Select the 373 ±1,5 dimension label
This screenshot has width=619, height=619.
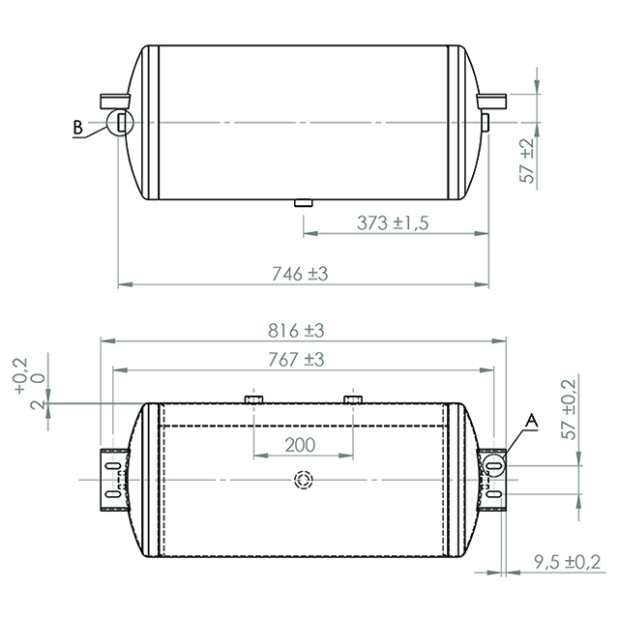(x=392, y=222)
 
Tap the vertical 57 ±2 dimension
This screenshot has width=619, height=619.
(x=527, y=161)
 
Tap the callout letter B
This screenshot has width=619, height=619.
(x=78, y=126)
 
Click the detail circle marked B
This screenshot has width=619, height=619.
(x=118, y=122)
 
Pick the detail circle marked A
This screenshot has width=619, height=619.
(x=496, y=464)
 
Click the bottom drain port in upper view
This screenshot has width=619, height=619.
(x=302, y=203)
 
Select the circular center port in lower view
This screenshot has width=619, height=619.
(x=303, y=480)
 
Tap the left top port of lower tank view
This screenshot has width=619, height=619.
(x=253, y=398)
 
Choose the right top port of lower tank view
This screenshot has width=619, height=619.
(x=353, y=398)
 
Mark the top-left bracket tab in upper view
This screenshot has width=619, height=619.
(x=111, y=98)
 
